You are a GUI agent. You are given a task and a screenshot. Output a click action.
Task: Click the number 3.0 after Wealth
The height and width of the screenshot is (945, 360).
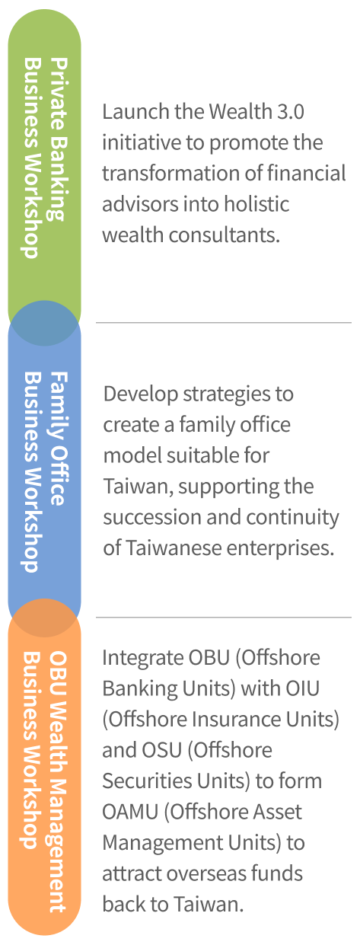pyautogui.click(x=291, y=112)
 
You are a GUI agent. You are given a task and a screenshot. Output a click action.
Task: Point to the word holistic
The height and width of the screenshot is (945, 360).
pyautogui.click(x=256, y=204)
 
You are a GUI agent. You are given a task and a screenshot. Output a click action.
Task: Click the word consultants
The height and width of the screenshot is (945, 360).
pyautogui.click(x=225, y=235)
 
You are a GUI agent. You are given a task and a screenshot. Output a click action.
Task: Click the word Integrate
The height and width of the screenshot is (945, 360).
pyautogui.click(x=142, y=658)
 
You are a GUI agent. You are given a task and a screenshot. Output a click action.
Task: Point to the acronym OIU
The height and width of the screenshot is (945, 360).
pyautogui.click(x=303, y=688)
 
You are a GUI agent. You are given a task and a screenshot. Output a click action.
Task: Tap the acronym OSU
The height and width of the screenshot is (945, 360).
pyautogui.click(x=161, y=749)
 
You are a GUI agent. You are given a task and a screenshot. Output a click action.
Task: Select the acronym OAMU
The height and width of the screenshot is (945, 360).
pyautogui.click(x=130, y=812)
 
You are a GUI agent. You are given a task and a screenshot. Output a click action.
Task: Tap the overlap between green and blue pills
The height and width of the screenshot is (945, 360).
pyautogui.click(x=44, y=323)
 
